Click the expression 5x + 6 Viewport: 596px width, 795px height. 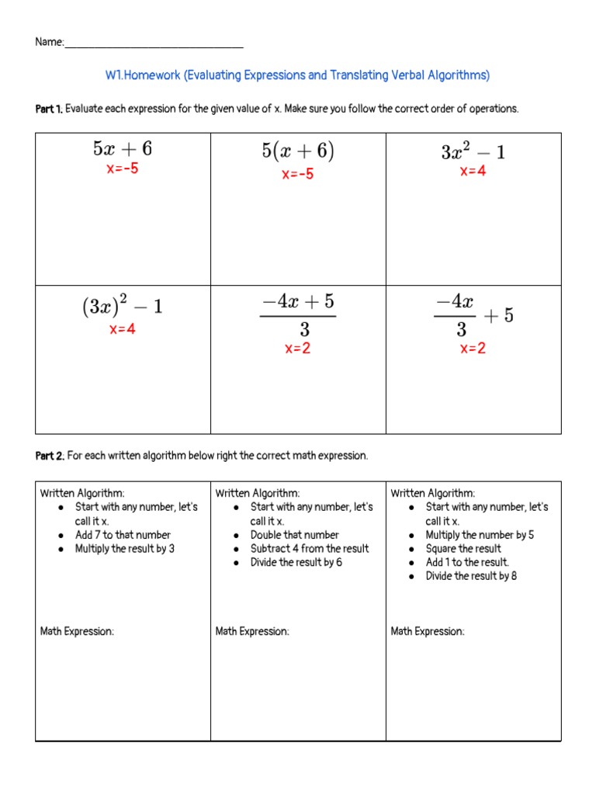[123, 149]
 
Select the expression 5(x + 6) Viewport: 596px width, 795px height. [298, 151]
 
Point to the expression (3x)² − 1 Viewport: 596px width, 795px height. [123, 307]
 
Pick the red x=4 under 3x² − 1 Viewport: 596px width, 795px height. [473, 172]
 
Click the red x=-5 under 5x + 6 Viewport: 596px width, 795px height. [123, 168]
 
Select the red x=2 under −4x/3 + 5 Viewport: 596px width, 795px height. [473, 349]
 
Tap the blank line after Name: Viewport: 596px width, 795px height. [154, 43]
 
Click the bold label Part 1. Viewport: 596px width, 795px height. [49, 109]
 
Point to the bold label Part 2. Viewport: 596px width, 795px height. [50, 456]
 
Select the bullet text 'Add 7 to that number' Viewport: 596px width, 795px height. [123, 535]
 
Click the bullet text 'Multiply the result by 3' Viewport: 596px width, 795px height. [124, 549]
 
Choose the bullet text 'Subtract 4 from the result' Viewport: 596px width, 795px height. [309, 549]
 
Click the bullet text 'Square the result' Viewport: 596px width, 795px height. [463, 549]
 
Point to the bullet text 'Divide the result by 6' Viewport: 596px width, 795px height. [296, 563]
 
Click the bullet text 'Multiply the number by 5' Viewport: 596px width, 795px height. [480, 535]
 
